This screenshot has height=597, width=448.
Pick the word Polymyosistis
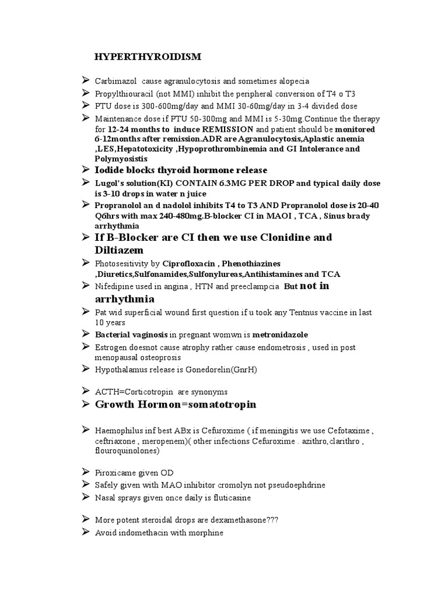click(121, 159)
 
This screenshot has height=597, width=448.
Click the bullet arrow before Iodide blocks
click(86, 170)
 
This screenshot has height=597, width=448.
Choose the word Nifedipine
click(114, 287)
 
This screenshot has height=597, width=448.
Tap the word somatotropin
click(212, 405)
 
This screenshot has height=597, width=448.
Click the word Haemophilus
click(119, 431)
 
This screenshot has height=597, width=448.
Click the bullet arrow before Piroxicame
click(86, 473)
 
